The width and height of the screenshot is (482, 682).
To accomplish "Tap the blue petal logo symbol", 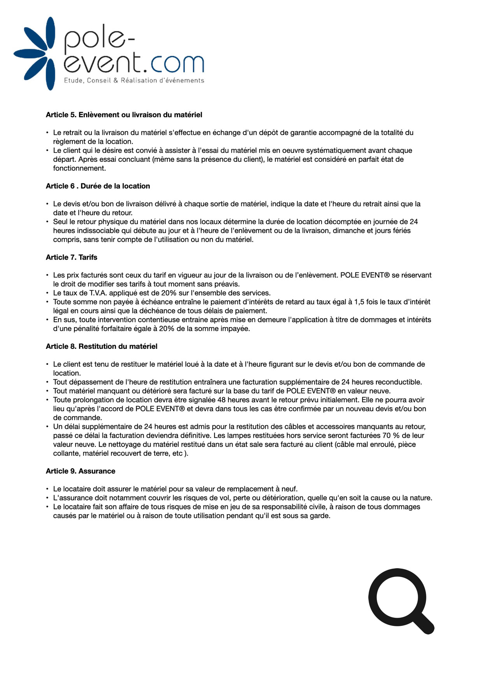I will [37, 53].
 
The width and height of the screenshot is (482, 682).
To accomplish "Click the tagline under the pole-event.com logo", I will [134, 81].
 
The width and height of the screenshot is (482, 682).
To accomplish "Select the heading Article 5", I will [124, 115].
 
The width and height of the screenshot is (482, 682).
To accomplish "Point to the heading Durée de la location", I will [115, 186].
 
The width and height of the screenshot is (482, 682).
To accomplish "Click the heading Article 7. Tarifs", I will [72, 258].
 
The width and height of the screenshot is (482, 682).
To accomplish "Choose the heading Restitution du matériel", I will [118, 346].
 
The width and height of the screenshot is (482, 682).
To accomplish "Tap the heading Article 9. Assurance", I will [81, 471].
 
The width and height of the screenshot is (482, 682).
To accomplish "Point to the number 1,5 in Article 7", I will [359, 302].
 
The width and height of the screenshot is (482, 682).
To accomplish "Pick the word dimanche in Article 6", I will [343, 231].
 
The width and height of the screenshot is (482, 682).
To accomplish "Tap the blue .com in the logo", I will [172, 63].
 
